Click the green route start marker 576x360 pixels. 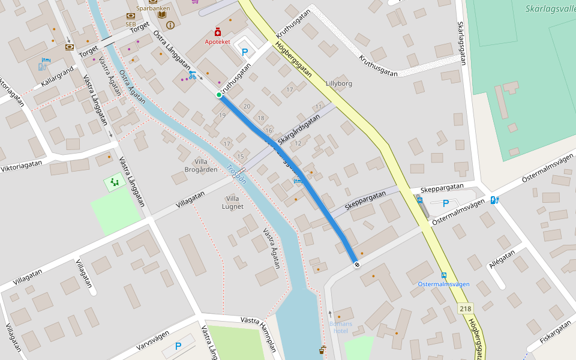(x=219, y=95)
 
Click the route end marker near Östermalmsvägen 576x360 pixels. (x=357, y=265)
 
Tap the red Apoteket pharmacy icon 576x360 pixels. (x=217, y=32)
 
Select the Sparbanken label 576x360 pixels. (x=153, y=8)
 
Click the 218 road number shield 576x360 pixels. (x=466, y=308)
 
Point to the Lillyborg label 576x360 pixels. (x=339, y=83)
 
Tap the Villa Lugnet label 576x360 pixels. (x=234, y=202)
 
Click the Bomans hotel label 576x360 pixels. (x=340, y=327)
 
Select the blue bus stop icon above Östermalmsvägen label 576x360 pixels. (x=443, y=275)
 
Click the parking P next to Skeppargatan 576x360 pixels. (x=446, y=204)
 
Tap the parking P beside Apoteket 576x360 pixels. (x=245, y=52)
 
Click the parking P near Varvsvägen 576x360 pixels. (x=178, y=346)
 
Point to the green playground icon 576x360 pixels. (x=113, y=181)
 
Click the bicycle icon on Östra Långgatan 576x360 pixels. (x=192, y=75)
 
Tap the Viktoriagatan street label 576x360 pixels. (x=22, y=166)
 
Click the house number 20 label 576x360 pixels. (x=247, y=106)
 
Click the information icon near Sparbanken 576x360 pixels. (x=171, y=25)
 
